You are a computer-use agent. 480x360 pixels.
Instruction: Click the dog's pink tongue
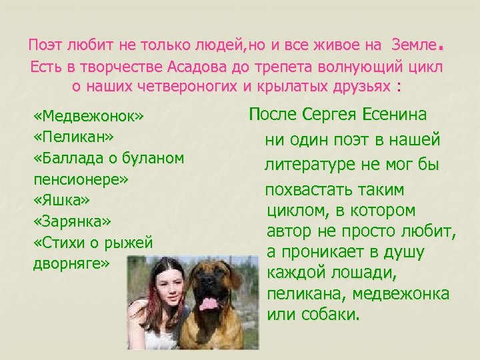click(209, 304)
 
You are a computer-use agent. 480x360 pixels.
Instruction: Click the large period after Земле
click(440, 47)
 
